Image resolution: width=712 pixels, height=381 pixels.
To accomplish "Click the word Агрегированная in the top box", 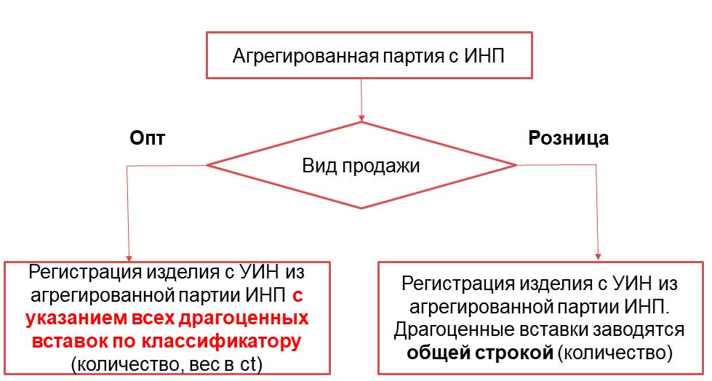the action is click(305, 56).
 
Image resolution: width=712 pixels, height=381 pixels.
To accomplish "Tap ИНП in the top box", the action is click(484, 56).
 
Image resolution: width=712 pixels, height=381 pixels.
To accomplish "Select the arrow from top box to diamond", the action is click(361, 100).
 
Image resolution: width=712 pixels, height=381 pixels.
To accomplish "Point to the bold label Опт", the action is click(147, 137).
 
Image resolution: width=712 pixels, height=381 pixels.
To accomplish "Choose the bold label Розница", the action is click(568, 138).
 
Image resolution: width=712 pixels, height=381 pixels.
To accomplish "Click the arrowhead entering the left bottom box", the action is click(129, 258).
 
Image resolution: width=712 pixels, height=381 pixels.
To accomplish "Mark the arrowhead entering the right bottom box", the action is click(598, 257).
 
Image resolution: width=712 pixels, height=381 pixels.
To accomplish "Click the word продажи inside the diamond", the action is click(380, 167).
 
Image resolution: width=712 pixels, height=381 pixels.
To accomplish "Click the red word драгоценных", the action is click(244, 318).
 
